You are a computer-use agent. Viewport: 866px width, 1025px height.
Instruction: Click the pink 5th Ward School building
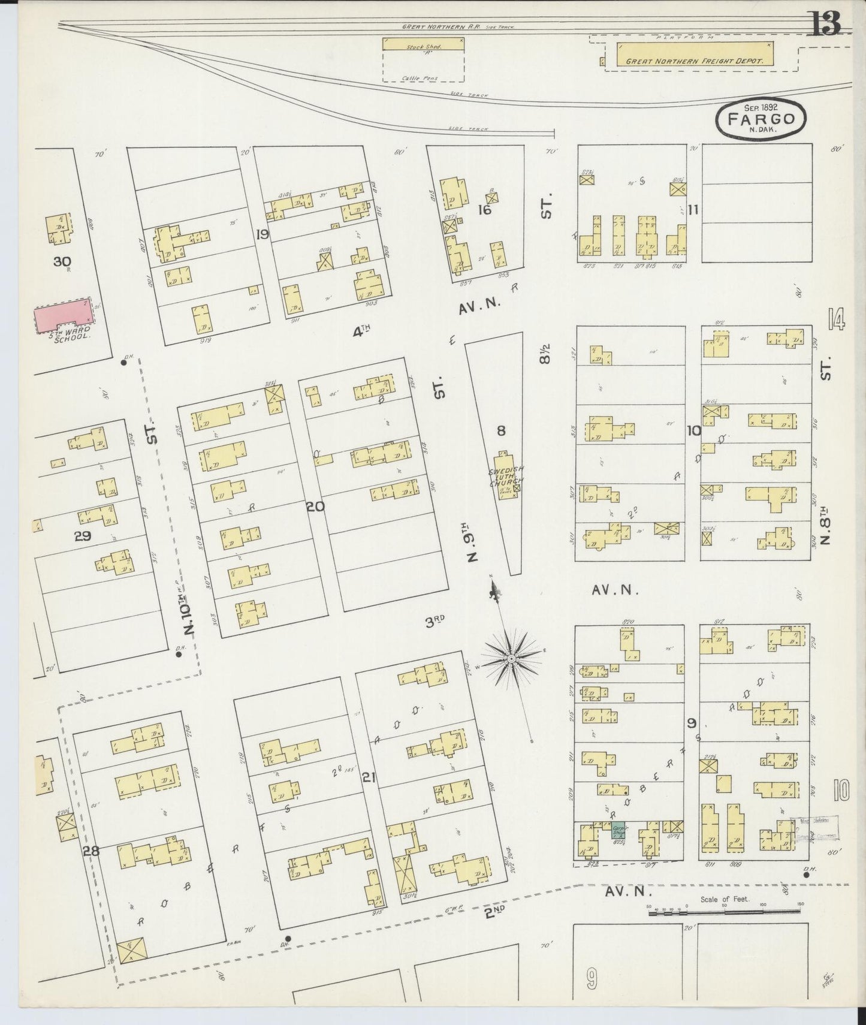coord(62,315)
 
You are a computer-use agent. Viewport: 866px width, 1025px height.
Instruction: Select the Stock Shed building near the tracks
coord(423,44)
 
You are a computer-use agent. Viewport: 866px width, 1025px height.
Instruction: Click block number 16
coord(484,210)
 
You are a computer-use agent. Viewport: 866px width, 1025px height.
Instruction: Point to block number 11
coord(694,210)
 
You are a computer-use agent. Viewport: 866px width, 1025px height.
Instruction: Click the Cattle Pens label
coord(423,78)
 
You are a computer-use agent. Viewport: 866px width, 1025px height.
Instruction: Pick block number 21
coord(368,777)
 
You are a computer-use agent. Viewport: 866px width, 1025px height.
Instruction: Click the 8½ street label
coord(544,354)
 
